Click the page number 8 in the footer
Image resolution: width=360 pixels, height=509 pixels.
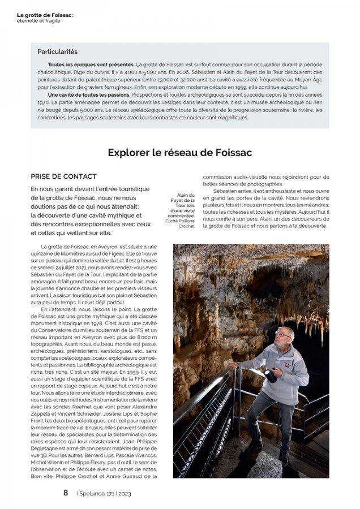point(66,493)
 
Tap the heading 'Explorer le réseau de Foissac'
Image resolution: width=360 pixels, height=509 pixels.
point(179,152)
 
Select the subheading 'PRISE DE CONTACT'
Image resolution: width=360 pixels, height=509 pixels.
point(63,176)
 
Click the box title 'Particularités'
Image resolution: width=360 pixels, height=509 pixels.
point(57,52)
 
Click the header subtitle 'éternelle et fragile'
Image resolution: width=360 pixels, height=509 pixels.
point(38,21)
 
